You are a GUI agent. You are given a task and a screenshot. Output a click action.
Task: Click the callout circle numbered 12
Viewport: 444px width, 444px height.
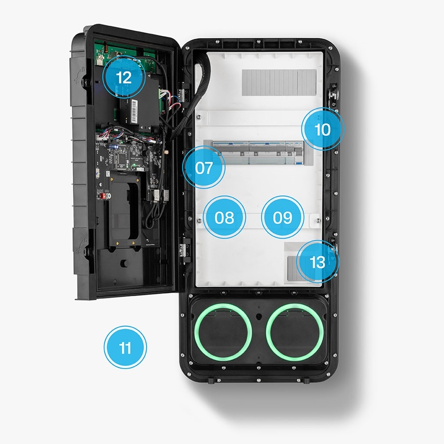click(x=124, y=77)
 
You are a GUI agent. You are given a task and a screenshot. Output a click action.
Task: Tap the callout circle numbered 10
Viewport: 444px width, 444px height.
click(x=322, y=129)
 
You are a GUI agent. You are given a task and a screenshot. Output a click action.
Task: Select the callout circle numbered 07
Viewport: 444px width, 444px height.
click(x=204, y=167)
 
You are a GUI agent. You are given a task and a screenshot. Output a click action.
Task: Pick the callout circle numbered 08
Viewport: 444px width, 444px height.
click(x=224, y=217)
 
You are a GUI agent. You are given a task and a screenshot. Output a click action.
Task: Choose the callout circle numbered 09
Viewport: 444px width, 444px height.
click(x=282, y=217)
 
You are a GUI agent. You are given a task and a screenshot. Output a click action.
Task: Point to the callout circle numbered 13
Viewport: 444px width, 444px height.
click(x=317, y=262)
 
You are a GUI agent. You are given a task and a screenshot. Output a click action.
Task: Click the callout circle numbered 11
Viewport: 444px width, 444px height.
click(x=125, y=347)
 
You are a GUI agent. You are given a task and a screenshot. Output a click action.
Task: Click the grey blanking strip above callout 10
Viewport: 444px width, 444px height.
click(x=279, y=83)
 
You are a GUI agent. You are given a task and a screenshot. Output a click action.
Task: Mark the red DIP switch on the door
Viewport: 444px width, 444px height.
click(x=101, y=196)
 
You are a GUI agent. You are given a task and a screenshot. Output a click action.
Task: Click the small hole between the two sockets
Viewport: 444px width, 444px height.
click(x=258, y=316)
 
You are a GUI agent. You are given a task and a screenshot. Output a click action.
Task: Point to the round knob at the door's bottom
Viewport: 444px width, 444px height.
click(x=124, y=263)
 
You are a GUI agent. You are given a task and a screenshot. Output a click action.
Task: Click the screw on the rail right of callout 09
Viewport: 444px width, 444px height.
click(x=318, y=220)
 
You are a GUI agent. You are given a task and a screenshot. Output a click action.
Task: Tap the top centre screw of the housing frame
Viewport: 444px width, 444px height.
click(x=258, y=42)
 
